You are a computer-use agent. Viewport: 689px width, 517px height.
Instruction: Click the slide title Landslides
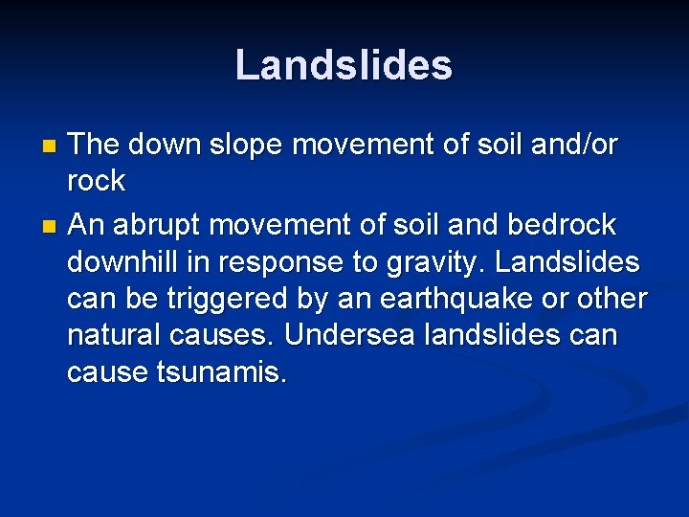pyautogui.click(x=344, y=65)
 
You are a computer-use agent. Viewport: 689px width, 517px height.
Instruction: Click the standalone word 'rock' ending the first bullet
pyautogui.click(x=96, y=181)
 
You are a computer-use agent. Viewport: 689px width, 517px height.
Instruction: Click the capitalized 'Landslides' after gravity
pyautogui.click(x=580, y=261)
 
